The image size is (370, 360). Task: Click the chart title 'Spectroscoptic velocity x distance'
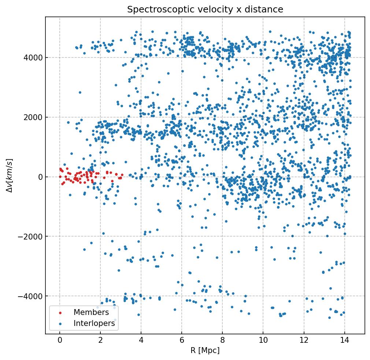point(205,10)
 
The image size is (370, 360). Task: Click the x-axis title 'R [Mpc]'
point(205,350)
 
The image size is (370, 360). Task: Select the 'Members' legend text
point(91,312)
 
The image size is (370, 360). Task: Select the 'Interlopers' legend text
point(96,323)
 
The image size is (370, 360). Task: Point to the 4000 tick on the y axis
point(34,57)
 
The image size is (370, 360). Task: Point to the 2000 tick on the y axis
point(34,117)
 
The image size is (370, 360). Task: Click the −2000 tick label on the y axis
point(32,237)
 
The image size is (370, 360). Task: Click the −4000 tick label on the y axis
point(32,296)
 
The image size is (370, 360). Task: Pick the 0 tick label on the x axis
point(60,340)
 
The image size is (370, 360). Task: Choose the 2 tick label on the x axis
point(100,340)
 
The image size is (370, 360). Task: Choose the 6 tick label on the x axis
point(182,340)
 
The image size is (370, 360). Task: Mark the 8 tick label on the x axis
point(222,340)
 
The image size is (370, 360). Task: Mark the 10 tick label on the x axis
point(263,340)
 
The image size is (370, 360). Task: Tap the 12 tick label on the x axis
point(304,340)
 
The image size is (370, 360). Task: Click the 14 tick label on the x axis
point(344,340)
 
